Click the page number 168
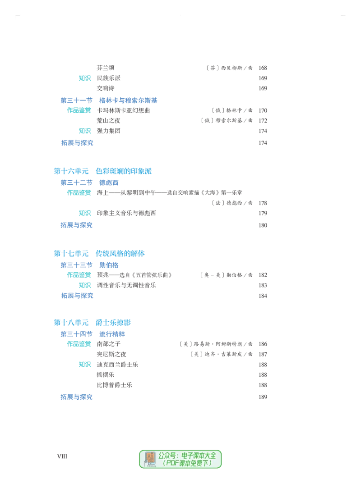[263, 68]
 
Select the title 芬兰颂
[106, 68]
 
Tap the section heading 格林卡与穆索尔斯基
[128, 100]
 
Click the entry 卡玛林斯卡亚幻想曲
[123, 111]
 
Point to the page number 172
[263, 121]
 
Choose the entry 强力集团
[109, 131]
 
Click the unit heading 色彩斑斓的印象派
[124, 171]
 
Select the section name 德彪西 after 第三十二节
[109, 183]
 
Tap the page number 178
[263, 203]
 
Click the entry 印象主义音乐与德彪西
[126, 213]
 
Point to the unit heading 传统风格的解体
[120, 254]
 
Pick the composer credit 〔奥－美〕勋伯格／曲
[226, 275]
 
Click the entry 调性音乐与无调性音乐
[126, 286]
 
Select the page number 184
[263, 296]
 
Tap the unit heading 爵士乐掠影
[113, 323]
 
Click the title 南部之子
[109, 344]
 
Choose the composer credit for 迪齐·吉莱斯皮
[221, 354]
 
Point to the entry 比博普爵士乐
[115, 385]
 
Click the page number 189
[263, 397]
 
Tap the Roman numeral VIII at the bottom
[62, 456]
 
